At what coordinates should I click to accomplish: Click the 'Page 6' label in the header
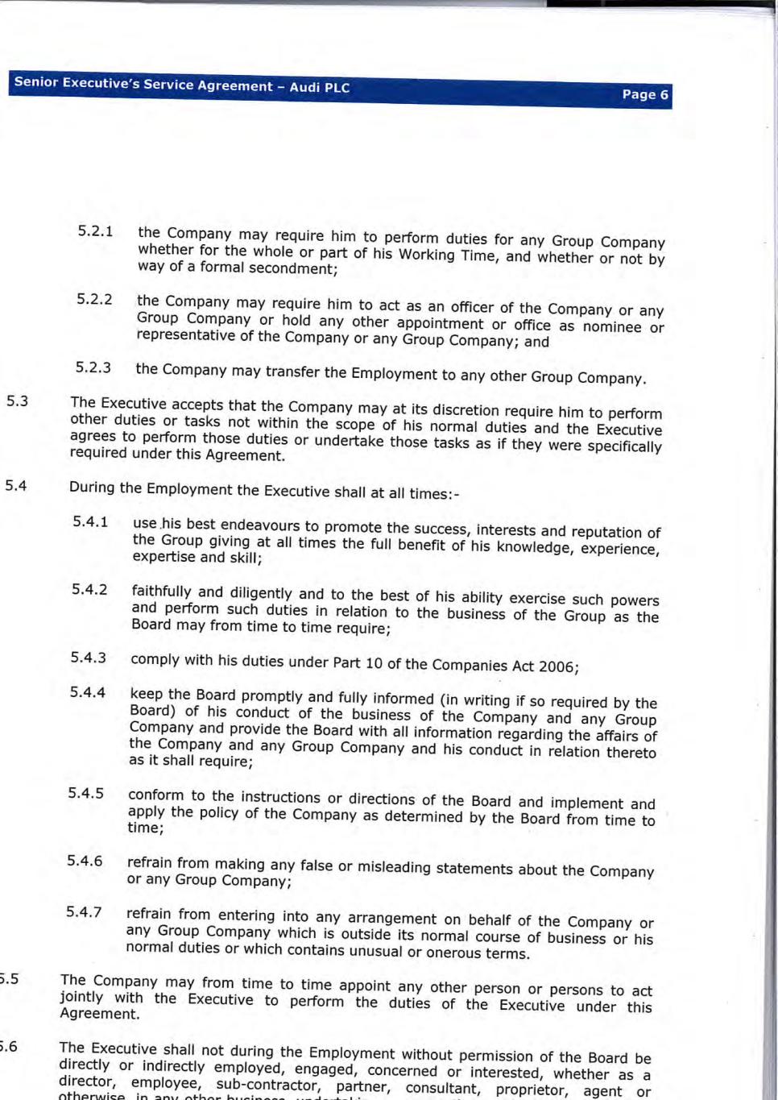coord(644,95)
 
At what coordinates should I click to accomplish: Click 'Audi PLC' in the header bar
coord(320,87)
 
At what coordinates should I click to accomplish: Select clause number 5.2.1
coord(95,231)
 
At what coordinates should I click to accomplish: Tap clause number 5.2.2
coord(94,300)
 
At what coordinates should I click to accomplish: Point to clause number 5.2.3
coord(93,367)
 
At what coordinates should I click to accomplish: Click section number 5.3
coord(17,401)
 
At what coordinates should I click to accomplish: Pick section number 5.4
coord(16,485)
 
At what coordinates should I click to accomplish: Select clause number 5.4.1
coord(90,521)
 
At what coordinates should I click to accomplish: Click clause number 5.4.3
coord(88,658)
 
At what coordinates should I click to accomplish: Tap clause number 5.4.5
coord(85,793)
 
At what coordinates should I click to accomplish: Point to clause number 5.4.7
coord(84,912)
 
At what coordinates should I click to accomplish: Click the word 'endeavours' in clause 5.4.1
coord(262,526)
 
